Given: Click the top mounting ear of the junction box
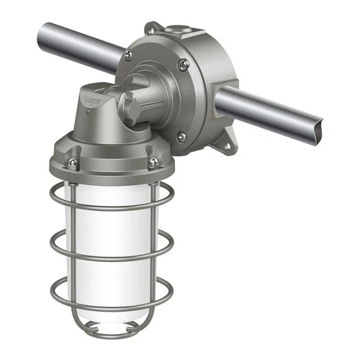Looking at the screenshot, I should (x=153, y=29).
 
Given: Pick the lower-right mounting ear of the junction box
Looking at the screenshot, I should (x=224, y=146).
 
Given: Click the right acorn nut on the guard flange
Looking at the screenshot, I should (x=152, y=163).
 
